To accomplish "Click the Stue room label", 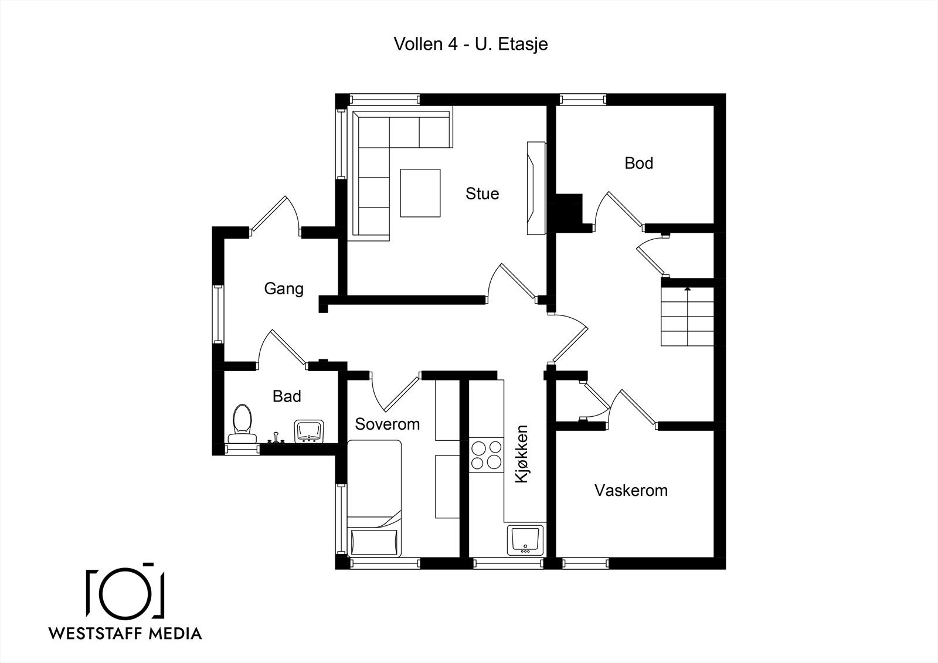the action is [x=482, y=193].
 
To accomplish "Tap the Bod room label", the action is [x=638, y=163].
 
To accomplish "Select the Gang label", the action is [x=284, y=289].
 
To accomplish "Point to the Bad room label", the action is [x=287, y=396].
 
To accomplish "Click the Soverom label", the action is [x=388, y=424].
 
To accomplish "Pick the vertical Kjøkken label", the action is [x=522, y=454].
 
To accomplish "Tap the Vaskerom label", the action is [x=631, y=491].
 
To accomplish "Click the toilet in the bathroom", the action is [x=242, y=424].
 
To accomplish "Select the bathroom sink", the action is [x=309, y=431].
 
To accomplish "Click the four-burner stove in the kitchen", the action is [x=486, y=455].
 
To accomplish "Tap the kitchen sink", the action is [x=525, y=540].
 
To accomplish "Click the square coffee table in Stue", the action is [x=420, y=193].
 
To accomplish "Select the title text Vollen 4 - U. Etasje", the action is [x=471, y=44].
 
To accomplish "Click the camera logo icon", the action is [x=125, y=590].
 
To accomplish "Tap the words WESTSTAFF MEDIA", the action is [x=125, y=633].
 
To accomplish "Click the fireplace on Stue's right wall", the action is [x=536, y=188].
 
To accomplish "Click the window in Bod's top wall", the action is [x=583, y=99].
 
